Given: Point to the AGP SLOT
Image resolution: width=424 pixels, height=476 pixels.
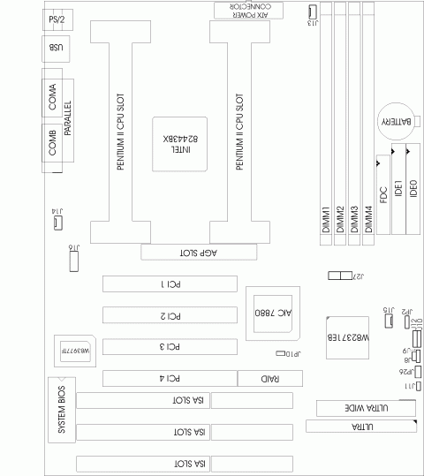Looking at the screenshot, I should coord(201,253).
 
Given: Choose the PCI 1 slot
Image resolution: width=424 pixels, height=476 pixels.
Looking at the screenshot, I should coord(169,284).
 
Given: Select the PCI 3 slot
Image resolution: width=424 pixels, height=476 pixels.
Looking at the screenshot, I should coord(169,347).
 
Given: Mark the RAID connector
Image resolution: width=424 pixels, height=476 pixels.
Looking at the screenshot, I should coord(269,379).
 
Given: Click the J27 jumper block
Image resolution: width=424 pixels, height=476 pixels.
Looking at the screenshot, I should coord(339,276).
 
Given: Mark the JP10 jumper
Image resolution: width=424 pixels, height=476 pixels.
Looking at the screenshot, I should coord(281,353).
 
